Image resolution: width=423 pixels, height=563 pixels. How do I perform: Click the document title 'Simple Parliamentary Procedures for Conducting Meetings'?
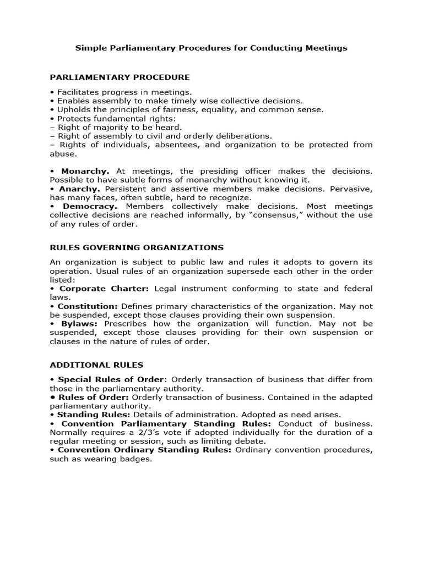[211, 48]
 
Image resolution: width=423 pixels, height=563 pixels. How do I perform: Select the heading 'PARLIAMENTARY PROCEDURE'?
[120, 77]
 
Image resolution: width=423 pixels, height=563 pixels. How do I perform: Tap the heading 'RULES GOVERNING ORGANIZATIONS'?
[137, 247]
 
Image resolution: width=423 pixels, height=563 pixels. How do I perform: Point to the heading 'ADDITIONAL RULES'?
[96, 365]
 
